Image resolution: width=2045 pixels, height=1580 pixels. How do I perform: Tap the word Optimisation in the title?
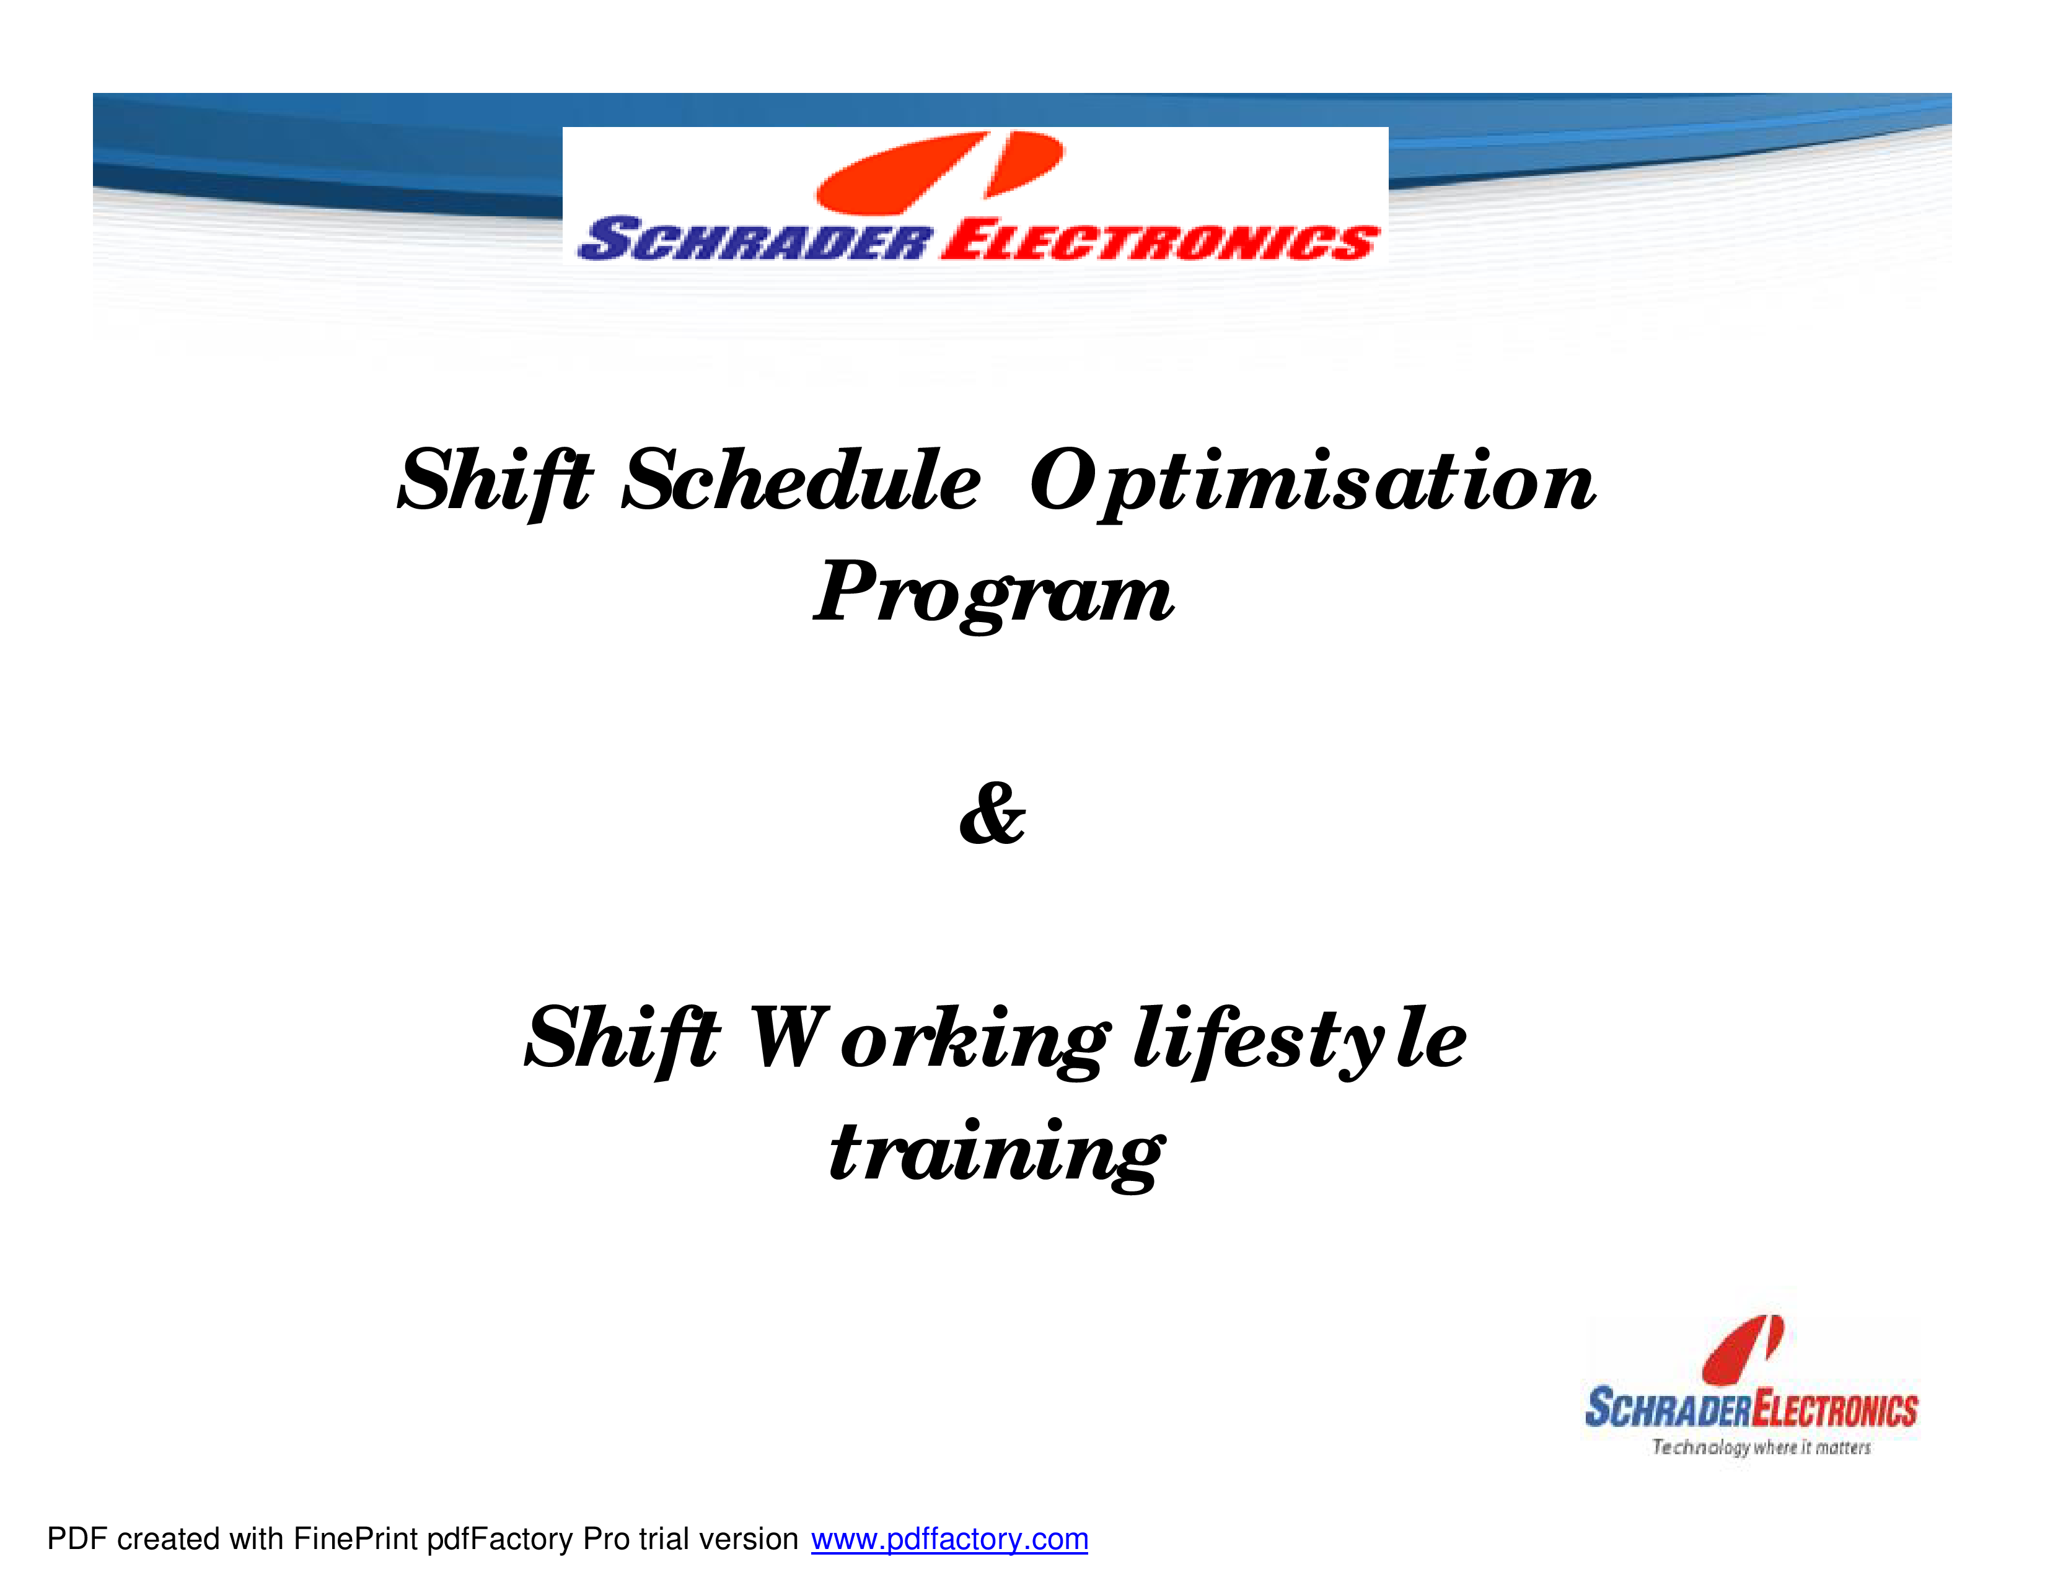click(x=1313, y=483)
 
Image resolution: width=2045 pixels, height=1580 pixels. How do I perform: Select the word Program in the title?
click(x=993, y=594)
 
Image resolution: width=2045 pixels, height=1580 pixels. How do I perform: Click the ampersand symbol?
click(x=993, y=814)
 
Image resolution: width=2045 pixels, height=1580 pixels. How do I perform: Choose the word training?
click(x=996, y=1153)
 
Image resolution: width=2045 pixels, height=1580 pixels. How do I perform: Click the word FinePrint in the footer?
click(x=355, y=1538)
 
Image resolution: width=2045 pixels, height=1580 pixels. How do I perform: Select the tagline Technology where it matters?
click(x=1761, y=1447)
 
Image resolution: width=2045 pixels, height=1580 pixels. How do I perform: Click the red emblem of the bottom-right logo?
click(x=1743, y=1349)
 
